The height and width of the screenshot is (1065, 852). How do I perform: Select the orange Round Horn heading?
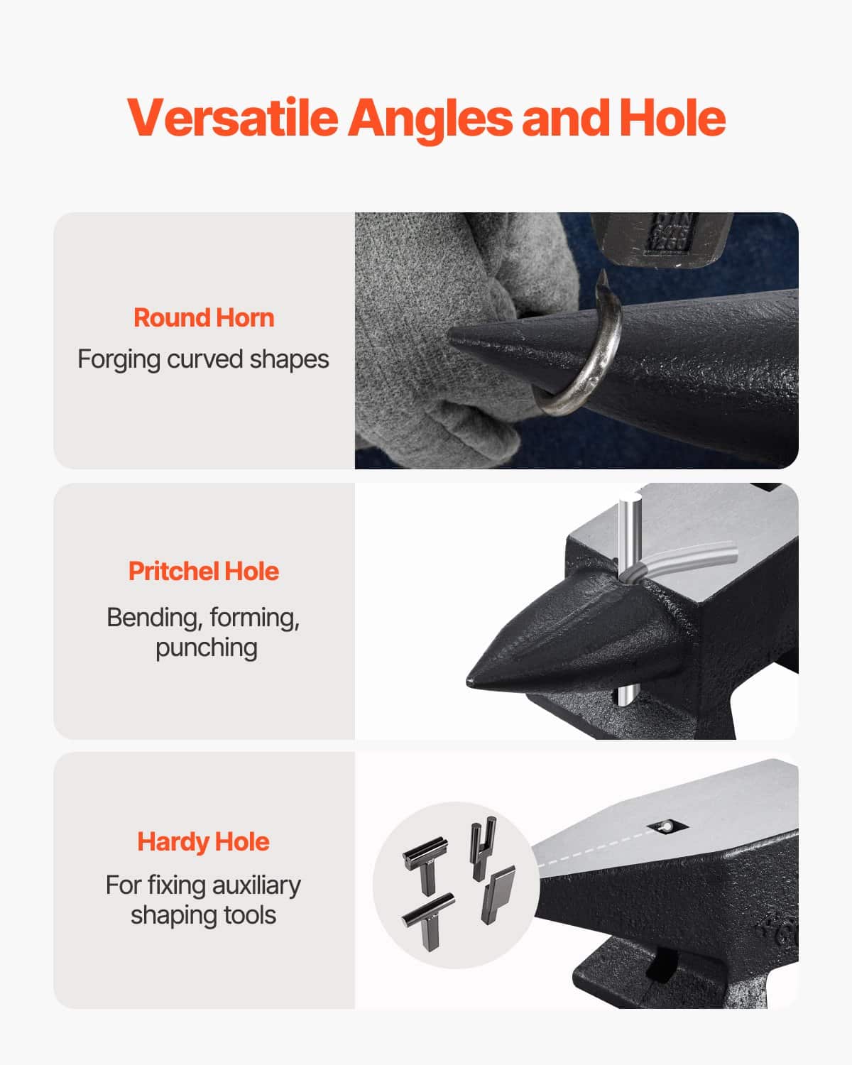click(x=204, y=317)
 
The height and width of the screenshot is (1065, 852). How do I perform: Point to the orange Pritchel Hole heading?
click(x=204, y=571)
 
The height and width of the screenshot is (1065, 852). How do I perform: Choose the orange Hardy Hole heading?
click(x=204, y=841)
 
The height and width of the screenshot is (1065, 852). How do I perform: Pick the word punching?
click(x=207, y=648)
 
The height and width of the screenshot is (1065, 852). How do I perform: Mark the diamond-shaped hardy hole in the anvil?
click(x=667, y=826)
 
